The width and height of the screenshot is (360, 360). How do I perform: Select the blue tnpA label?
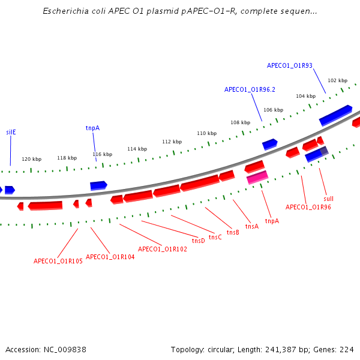[92, 128]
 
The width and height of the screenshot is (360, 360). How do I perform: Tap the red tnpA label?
[272, 221]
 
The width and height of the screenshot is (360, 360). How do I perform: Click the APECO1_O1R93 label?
[289, 66]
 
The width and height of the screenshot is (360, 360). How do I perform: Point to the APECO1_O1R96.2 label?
[250, 89]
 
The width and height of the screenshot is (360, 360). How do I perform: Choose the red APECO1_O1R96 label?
[308, 207]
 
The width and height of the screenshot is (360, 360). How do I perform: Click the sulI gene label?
[328, 199]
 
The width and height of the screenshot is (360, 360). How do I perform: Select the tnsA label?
[252, 226]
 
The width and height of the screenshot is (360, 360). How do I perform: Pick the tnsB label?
[233, 232]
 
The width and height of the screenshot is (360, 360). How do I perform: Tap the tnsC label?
[215, 237]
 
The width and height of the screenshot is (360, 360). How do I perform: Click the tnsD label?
[198, 241]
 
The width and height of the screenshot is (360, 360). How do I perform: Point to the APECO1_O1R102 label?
[162, 249]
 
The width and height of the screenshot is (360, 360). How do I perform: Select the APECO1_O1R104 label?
[110, 257]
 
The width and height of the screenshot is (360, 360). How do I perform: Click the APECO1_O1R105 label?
[58, 261]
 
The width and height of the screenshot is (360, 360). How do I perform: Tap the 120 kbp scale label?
[32, 159]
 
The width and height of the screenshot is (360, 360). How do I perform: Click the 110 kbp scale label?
[206, 133]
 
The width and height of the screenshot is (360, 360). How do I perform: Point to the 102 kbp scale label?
[337, 80]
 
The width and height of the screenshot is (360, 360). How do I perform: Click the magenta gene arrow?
[257, 177]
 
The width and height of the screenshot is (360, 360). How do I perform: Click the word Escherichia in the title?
[65, 11]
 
